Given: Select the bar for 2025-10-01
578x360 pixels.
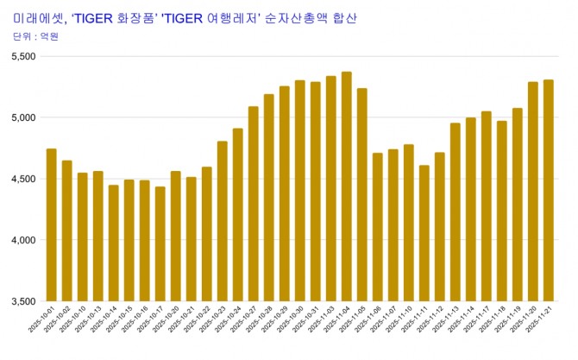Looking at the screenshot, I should click(x=52, y=224).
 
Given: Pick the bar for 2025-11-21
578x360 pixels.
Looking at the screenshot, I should click(x=549, y=190).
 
